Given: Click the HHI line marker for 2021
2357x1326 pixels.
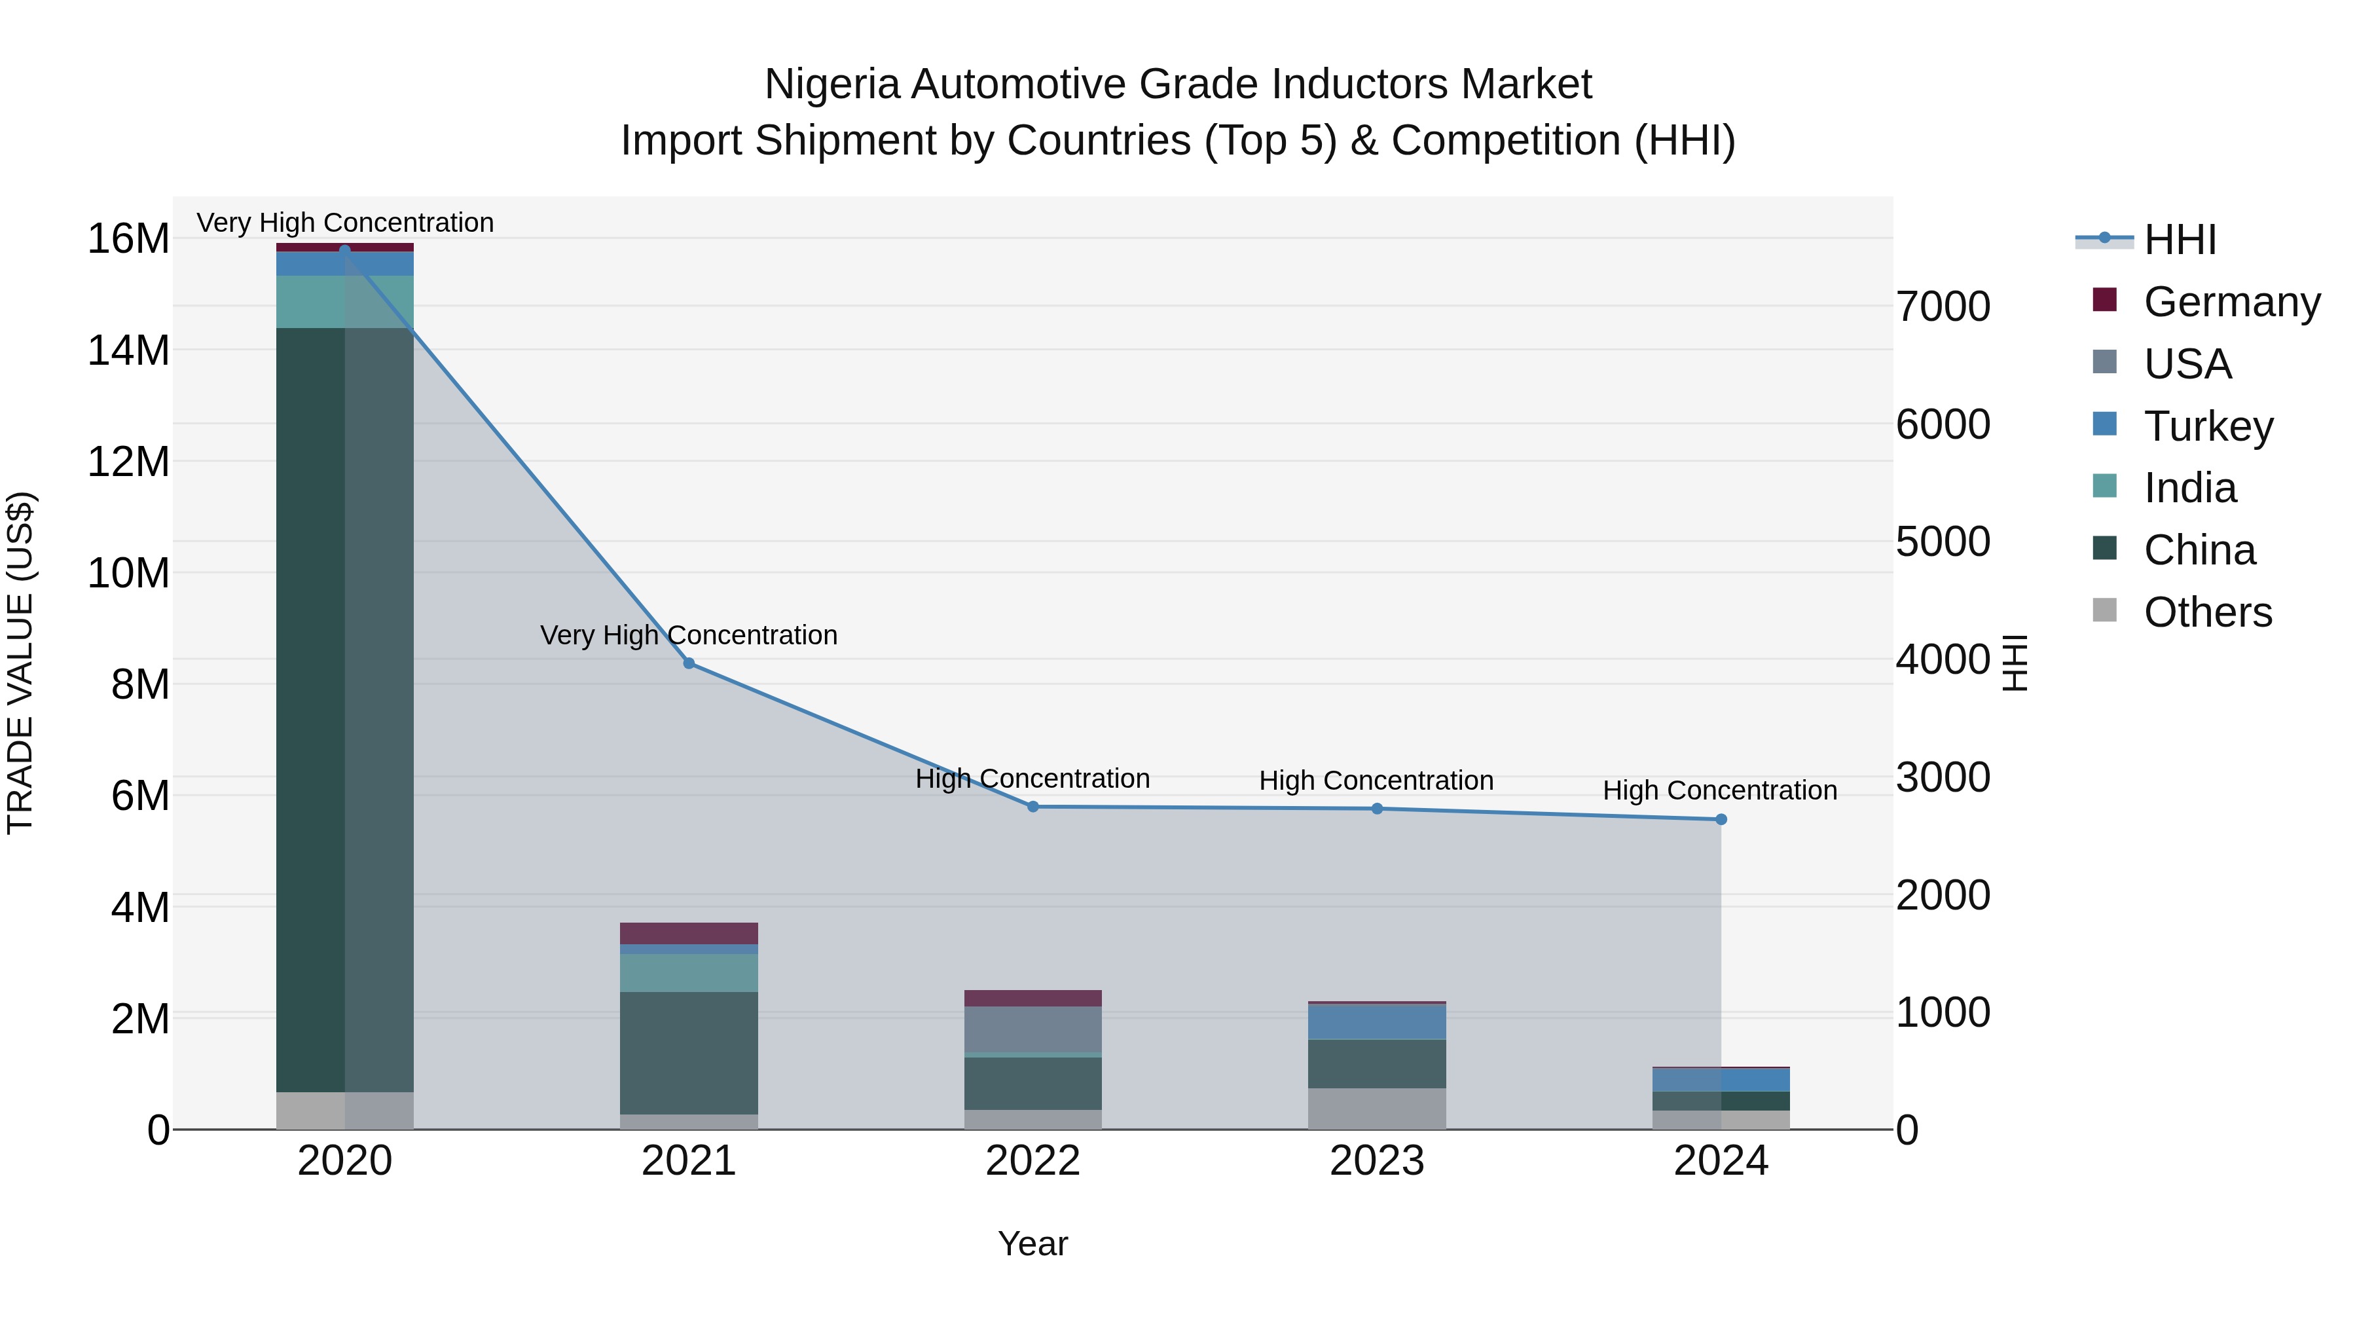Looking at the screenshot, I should coord(689,663).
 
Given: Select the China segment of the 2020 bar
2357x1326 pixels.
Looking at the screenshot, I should coord(345,709).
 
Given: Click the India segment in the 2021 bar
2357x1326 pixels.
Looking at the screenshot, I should coord(689,973).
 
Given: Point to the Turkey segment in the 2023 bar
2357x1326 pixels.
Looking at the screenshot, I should coord(1376,1022).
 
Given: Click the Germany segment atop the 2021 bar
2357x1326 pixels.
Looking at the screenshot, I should coord(689,933).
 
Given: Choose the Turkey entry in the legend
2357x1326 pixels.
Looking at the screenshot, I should coord(2208,426).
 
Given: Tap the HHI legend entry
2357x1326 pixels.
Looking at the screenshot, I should coord(2180,240).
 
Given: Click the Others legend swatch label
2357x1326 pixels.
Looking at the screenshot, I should coord(2207,612).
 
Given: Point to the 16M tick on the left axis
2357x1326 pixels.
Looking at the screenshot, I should coord(128,239).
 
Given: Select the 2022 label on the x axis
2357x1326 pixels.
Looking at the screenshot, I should coord(1033,1161).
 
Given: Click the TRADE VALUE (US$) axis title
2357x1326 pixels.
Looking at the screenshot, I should coord(20,663).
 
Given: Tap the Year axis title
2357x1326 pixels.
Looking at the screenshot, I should coord(1033,1243).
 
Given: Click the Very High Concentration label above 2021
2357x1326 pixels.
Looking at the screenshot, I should coord(689,635).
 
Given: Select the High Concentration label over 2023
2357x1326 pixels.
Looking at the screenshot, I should coord(1376,781).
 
